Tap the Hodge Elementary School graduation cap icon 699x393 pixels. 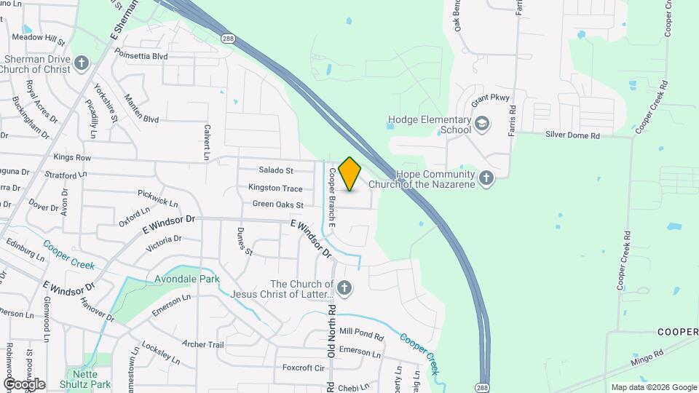(481, 124)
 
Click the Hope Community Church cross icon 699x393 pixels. (486, 177)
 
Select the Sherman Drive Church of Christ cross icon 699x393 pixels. (82, 63)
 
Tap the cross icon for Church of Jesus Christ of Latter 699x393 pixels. (344, 289)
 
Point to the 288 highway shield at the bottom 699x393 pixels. (482, 386)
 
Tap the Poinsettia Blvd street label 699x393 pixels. (141, 56)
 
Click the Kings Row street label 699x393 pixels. (72, 157)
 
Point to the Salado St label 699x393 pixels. (276, 170)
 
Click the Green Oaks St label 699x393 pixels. (278, 205)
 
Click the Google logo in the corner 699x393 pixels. (24, 384)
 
